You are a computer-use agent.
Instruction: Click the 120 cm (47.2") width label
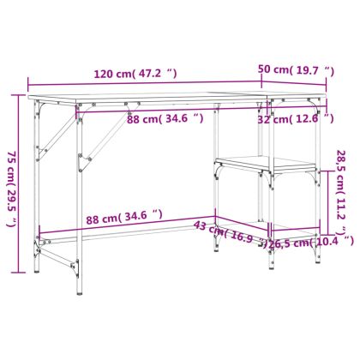(135, 74)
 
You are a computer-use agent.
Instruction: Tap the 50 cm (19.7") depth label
(296, 70)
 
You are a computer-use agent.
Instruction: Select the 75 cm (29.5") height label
(12, 189)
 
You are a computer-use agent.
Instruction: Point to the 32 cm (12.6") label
(296, 119)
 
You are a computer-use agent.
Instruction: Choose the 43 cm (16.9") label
(231, 233)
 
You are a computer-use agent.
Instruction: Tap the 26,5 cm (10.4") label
(311, 243)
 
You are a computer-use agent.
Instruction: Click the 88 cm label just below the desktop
(165, 118)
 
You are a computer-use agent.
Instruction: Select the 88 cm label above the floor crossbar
(124, 217)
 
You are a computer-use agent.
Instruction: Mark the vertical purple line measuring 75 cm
(19, 183)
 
